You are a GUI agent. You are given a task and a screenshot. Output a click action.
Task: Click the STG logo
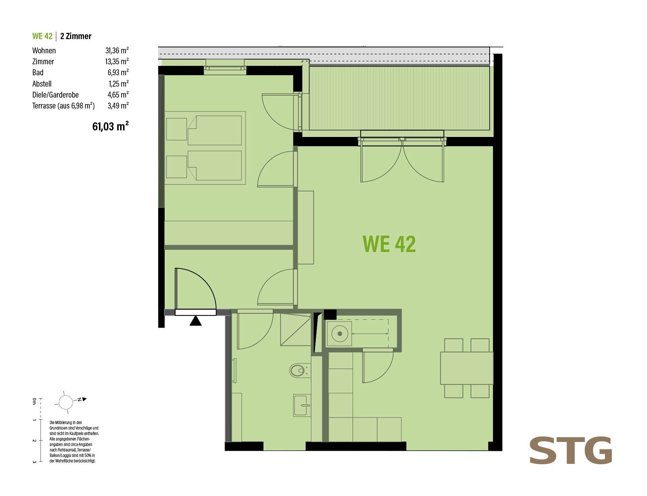571,450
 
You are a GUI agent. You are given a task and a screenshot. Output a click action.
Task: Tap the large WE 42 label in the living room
389,244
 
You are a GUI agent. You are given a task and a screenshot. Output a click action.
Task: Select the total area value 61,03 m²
111,126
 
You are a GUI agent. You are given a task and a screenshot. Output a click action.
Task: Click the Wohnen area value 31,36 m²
117,50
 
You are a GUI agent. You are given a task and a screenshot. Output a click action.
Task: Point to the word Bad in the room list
38,72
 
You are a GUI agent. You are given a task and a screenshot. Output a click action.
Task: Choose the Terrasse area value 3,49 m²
118,106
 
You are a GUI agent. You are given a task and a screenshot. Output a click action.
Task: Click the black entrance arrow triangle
196,321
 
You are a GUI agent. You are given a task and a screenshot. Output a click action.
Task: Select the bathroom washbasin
302,405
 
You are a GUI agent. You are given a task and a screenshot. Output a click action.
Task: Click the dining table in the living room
467,368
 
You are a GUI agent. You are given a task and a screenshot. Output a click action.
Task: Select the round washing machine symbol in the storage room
340,333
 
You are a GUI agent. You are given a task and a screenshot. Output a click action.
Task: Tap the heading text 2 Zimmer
76,36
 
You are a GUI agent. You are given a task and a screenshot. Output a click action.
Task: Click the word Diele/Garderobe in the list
55,95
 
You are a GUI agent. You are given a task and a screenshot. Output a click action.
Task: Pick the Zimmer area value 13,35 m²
117,61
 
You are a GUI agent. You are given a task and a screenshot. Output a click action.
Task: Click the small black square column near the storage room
330,314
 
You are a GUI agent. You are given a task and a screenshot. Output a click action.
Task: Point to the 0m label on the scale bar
34,401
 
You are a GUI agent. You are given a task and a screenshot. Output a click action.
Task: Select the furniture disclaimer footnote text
74,442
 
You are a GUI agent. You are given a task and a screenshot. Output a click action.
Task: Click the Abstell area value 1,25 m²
119,84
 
